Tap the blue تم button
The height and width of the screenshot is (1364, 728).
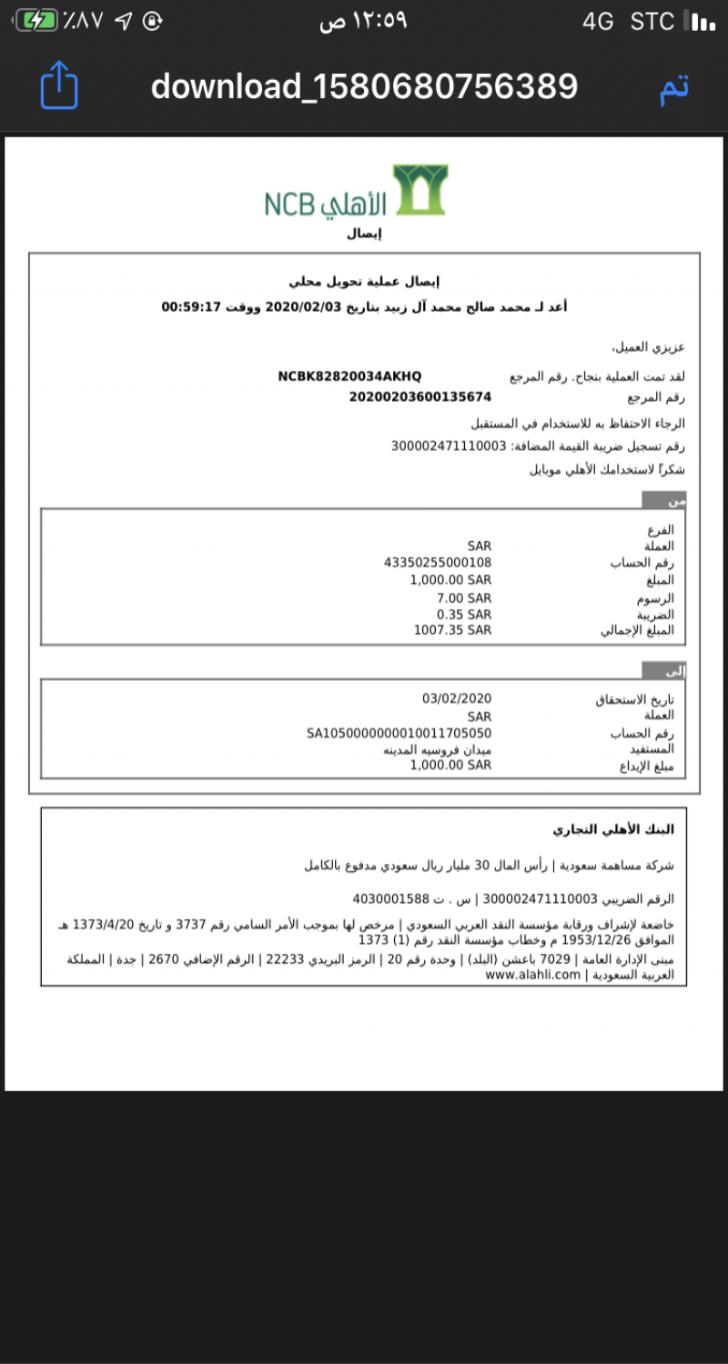coord(673,86)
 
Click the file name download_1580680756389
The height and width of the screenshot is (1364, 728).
coord(364,86)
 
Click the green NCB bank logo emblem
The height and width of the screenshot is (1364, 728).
coord(420,189)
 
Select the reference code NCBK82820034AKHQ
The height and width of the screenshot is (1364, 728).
coord(349,376)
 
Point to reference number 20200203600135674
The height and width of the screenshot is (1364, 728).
coord(420,396)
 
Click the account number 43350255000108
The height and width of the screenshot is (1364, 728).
coord(438,563)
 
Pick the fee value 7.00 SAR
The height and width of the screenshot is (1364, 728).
coord(464,597)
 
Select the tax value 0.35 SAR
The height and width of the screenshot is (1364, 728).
coord(464,614)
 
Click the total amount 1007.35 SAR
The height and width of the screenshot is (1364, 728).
coord(452,630)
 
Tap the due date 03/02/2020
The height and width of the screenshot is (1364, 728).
coord(457,698)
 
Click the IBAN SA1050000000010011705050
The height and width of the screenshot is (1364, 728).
coord(399,733)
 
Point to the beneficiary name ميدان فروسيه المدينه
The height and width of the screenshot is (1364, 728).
coord(437,749)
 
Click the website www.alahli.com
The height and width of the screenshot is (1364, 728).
coord(533,975)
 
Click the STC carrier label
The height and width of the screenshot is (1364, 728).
coord(652,21)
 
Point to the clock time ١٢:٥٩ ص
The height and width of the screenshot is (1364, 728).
coord(364,21)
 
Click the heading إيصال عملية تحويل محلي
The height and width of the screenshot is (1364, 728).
coord(364,282)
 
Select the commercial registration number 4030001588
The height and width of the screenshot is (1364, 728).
coord(390,899)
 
